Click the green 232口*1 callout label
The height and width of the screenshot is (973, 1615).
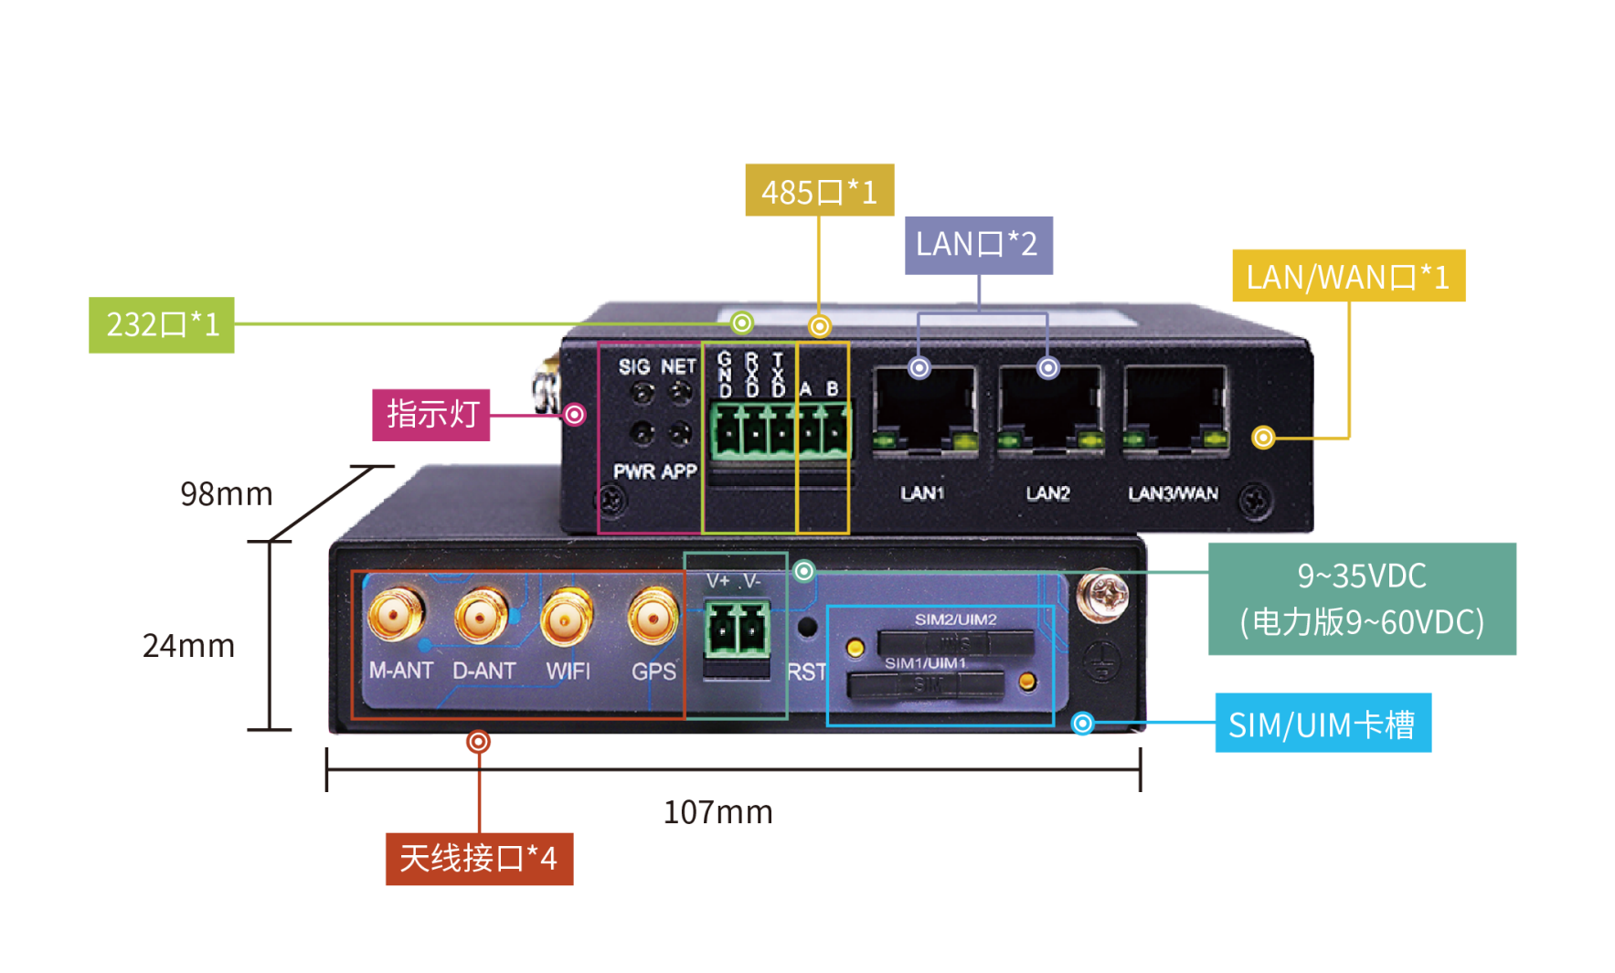pos(162,324)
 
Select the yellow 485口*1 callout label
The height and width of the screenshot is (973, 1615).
pos(819,190)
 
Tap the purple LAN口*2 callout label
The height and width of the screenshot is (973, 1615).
pos(978,245)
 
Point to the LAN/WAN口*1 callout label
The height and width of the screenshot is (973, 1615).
pos(1348,275)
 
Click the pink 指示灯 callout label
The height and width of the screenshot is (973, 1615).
pos(431,415)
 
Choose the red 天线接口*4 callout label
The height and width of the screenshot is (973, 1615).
pos(479,858)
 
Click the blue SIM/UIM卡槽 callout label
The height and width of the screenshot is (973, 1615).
pos(1322,723)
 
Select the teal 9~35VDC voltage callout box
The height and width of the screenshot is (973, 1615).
pos(1362,598)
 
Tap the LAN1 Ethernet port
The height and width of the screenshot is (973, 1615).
pos(924,410)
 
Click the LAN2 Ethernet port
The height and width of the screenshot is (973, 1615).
pos(1048,410)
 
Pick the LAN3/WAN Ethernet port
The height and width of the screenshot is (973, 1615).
pos(1174,410)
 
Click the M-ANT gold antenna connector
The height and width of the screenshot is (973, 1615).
pos(397,615)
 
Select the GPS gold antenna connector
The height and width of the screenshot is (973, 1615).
pos(653,617)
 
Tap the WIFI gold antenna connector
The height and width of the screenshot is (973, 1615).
pos(567,617)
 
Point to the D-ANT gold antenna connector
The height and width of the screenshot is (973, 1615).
pos(482,616)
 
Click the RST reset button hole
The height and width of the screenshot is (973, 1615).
pos(806,628)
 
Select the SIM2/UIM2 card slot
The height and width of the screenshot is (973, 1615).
pos(955,642)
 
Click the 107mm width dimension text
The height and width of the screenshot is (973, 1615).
pos(717,812)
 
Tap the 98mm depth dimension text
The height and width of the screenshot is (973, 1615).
pos(226,494)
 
